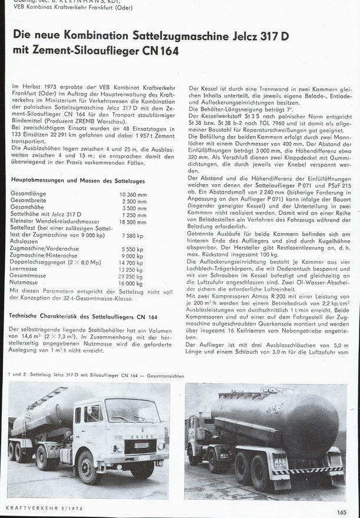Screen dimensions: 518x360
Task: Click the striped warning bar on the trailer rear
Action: (307, 470)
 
